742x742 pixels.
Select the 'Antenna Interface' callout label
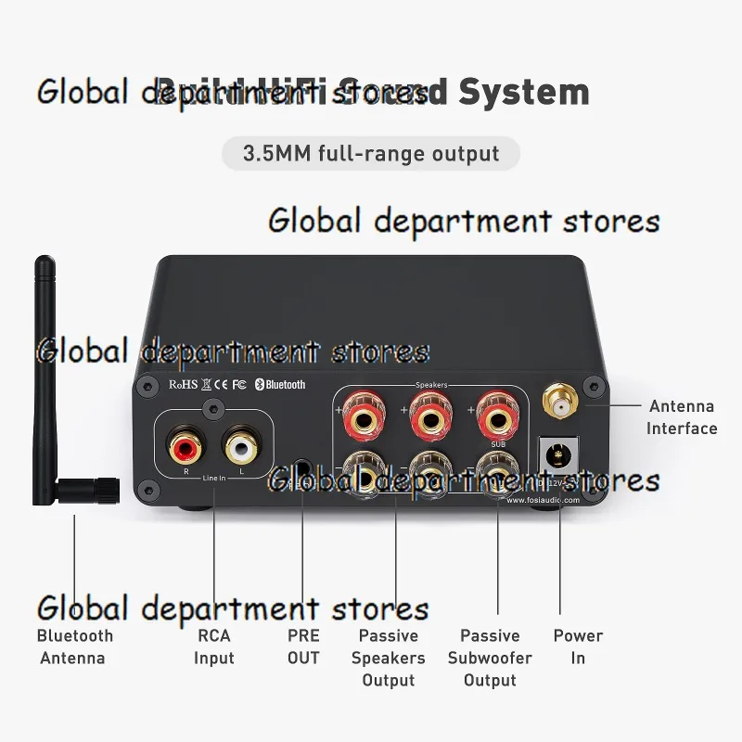pyautogui.click(x=681, y=417)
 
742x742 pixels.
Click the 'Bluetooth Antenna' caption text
pyautogui.click(x=74, y=646)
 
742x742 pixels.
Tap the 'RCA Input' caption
pyautogui.click(x=213, y=646)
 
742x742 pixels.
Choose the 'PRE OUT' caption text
pyautogui.click(x=303, y=646)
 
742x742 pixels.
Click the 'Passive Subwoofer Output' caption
pyautogui.click(x=490, y=658)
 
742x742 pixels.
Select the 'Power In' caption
pyautogui.click(x=578, y=646)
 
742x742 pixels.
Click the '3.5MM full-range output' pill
pyautogui.click(x=371, y=153)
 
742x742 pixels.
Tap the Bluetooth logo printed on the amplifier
pyautogui.click(x=281, y=384)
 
